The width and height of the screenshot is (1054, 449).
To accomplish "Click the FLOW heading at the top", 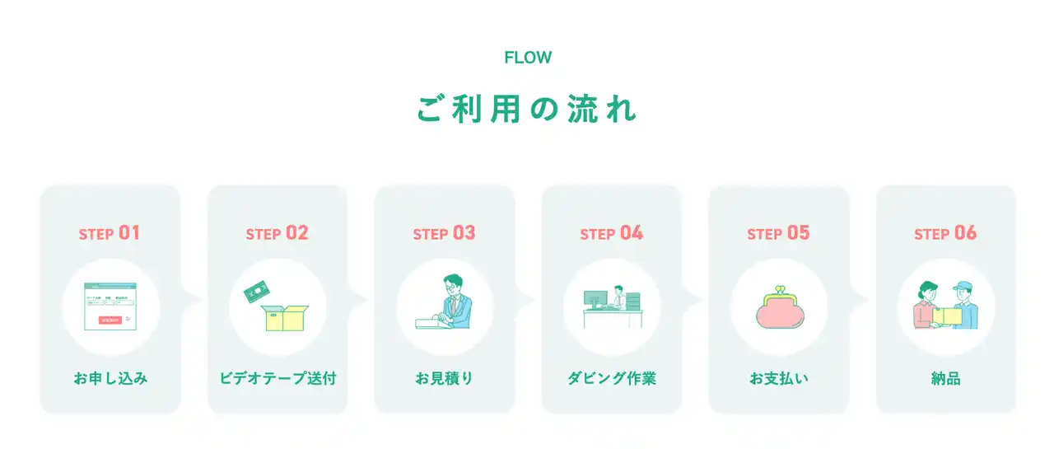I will pos(527,58).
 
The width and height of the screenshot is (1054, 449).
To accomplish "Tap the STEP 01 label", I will pos(110,233).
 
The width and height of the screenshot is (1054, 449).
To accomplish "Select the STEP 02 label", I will pos(277,233).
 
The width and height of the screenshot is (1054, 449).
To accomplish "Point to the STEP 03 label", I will pos(444,233).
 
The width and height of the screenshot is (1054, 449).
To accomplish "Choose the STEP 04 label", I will pos(611,233).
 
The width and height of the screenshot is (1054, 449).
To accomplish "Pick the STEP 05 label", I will pos(778,233).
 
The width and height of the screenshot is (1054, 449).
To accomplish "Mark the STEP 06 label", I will pos(945,233).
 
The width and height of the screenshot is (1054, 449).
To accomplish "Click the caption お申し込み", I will pos(110,379).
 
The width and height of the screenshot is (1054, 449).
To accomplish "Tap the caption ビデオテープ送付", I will pos(277,379).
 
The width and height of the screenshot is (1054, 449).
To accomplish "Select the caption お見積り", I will pos(444,379).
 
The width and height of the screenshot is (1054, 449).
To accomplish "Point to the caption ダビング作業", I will pos(611,379).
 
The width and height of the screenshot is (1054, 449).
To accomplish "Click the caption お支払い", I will pos(778,379).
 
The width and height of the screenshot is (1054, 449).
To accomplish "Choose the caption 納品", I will pos(945,379).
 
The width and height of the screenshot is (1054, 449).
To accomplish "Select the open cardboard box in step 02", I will pos(285,318).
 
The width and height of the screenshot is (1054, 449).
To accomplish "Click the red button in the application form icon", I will pos(110,320).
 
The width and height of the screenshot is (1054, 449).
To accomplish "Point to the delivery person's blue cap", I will pos(962,284).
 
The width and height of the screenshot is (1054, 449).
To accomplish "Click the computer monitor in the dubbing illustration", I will pos(595,297).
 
